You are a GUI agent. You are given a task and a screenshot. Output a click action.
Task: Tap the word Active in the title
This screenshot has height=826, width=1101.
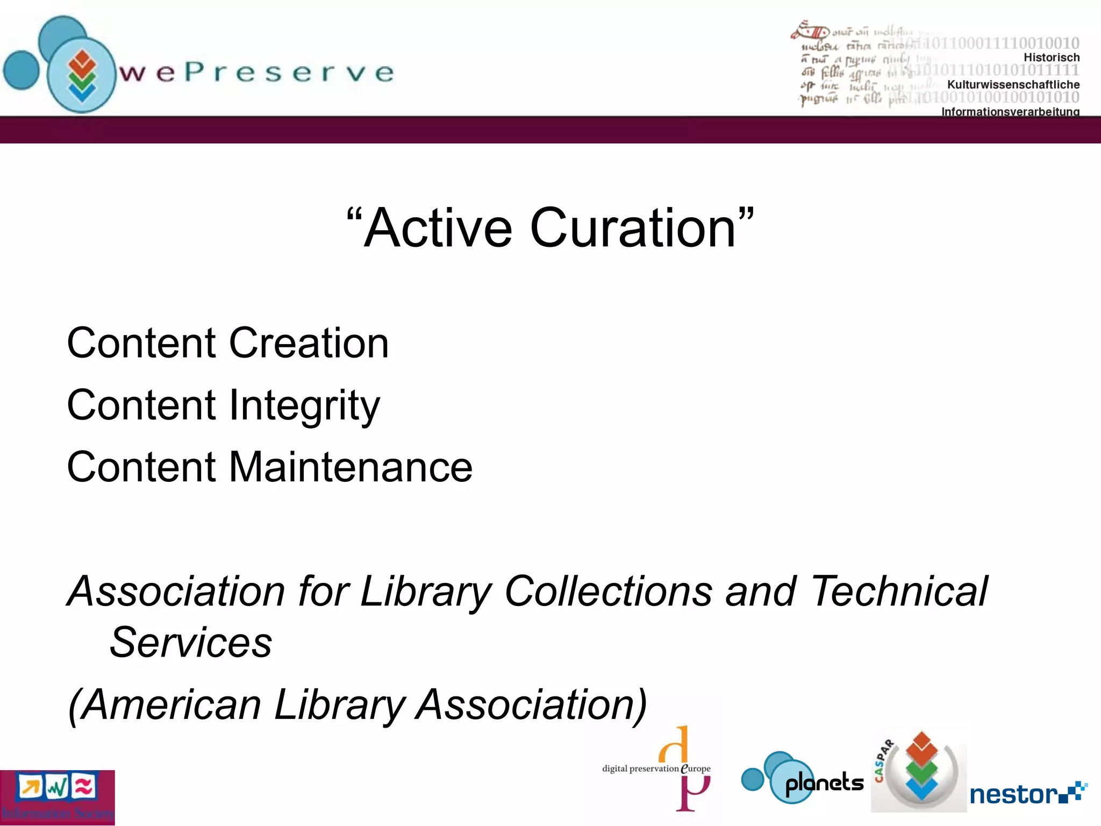click(438, 228)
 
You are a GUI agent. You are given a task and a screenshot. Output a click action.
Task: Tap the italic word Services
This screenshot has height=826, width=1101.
click(191, 642)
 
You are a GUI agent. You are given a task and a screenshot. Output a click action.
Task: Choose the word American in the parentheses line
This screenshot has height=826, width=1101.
click(172, 704)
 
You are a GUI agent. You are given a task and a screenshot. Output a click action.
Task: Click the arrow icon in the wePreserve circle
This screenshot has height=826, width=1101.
click(82, 75)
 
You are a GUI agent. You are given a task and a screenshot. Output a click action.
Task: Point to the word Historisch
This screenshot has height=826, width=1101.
click(1051, 58)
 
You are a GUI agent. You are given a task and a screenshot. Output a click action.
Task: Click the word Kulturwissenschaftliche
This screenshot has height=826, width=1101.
click(1013, 84)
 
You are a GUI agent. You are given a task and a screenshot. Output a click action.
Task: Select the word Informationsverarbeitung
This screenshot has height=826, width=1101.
click(1010, 111)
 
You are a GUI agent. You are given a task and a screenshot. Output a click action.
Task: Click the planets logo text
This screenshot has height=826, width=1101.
click(824, 783)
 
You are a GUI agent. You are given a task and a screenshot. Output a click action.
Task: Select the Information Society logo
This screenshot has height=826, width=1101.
click(57, 797)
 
